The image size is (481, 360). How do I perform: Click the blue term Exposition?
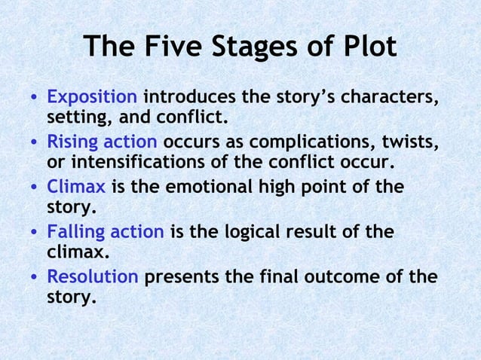tap(92, 98)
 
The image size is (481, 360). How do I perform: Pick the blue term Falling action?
tap(105, 231)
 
